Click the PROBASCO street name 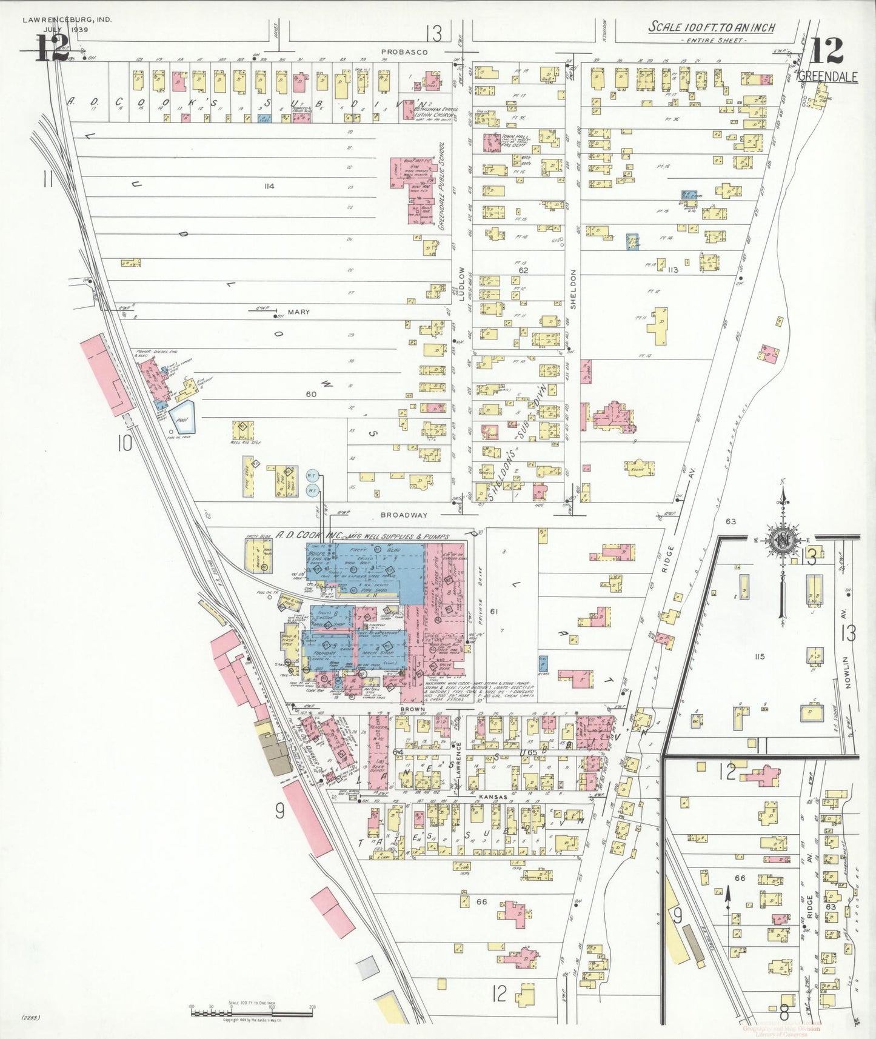(404, 52)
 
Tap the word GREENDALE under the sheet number (828, 77)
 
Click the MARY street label (298, 312)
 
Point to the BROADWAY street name (404, 515)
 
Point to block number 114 (269, 186)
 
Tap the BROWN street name (412, 709)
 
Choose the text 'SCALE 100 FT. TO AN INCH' (712, 27)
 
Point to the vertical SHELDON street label (573, 290)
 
